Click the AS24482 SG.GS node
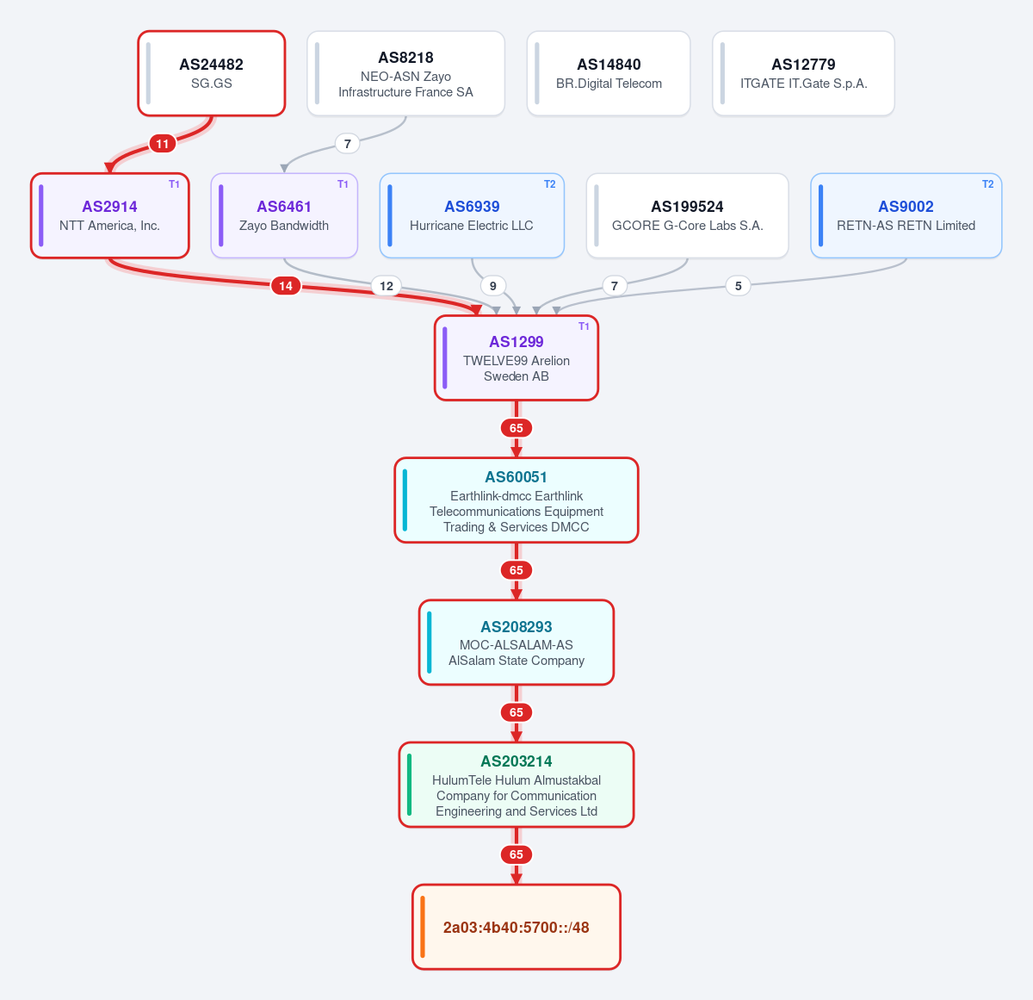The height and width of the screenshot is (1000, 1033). click(x=211, y=73)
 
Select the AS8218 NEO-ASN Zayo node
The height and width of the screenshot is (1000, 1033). click(x=405, y=73)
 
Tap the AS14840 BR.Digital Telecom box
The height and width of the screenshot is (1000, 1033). click(x=609, y=73)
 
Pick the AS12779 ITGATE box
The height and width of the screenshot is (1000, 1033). click(x=803, y=73)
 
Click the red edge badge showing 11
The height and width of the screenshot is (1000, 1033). click(x=163, y=143)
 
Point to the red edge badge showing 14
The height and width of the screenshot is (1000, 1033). click(x=286, y=286)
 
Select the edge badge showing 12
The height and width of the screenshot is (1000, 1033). click(x=387, y=286)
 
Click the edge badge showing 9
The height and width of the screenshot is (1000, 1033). click(x=493, y=286)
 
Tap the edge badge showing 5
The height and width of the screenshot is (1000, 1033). click(x=738, y=286)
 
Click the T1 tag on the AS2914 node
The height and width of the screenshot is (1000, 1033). click(x=174, y=184)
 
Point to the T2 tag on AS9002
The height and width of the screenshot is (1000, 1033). click(x=987, y=184)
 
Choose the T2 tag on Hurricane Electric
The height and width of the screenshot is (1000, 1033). click(x=549, y=184)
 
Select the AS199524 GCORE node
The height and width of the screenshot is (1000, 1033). click(x=688, y=215)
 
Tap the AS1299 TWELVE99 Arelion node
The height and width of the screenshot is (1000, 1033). click(x=516, y=358)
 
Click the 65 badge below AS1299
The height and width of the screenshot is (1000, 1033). click(x=516, y=428)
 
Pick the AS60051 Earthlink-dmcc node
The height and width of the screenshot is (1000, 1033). click(x=516, y=500)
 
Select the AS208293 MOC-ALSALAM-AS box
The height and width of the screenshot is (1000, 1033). click(x=516, y=643)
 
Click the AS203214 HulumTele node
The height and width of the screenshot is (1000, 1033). click(x=516, y=785)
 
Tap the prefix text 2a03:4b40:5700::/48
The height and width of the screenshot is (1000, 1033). click(x=516, y=928)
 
